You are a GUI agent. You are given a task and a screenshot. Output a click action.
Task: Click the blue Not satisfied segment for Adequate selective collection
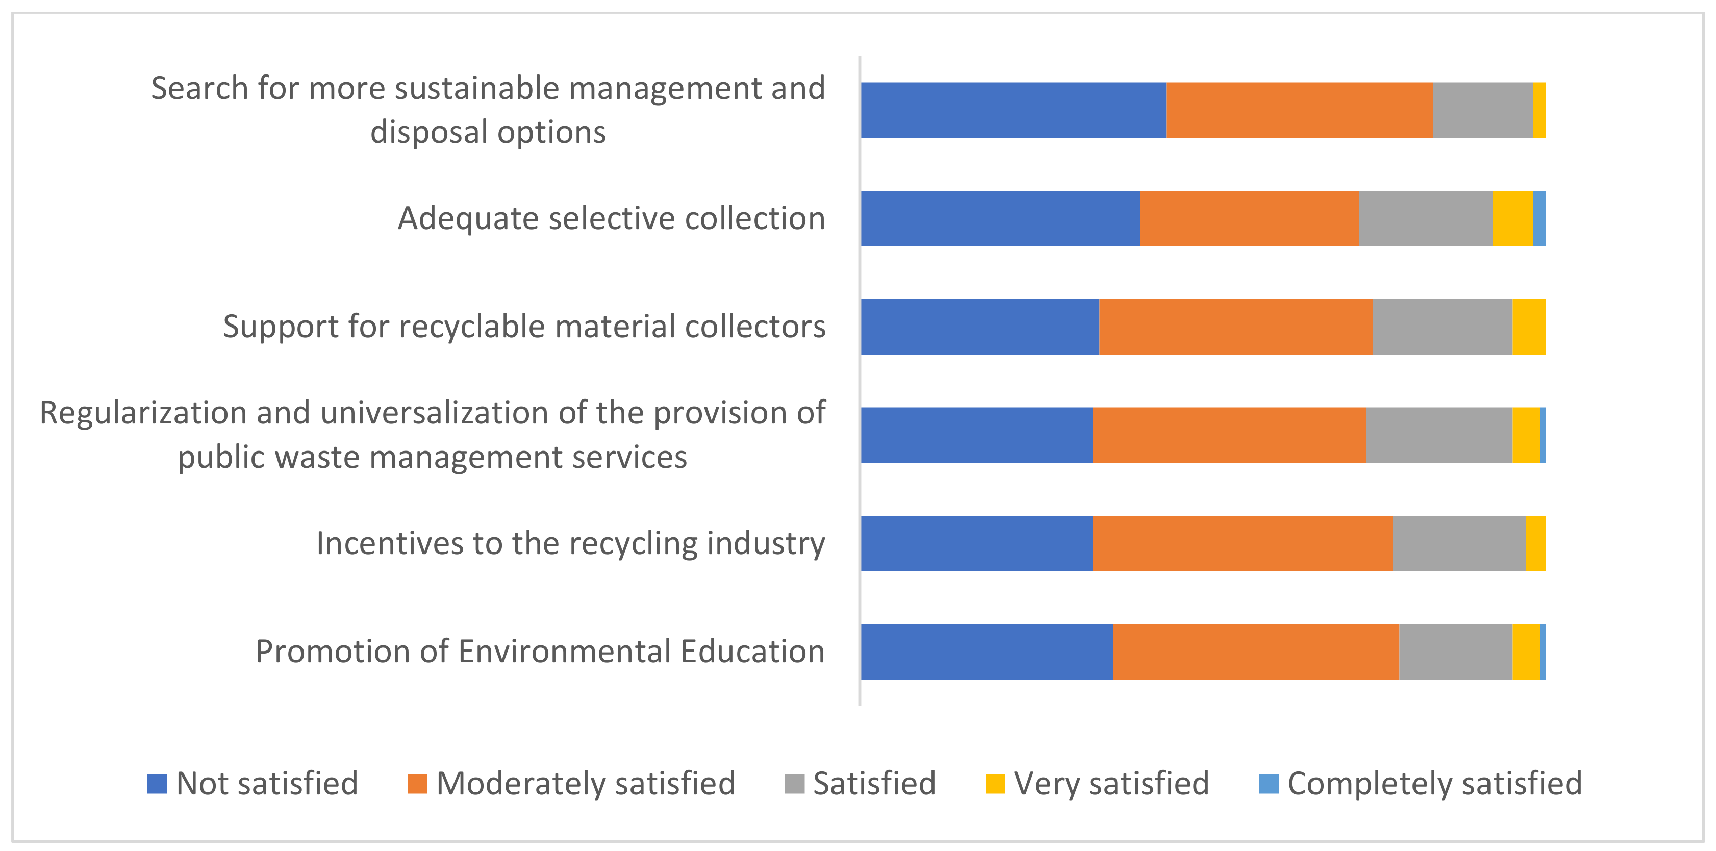(x=999, y=218)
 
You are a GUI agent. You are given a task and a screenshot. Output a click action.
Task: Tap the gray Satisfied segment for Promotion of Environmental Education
(x=1455, y=652)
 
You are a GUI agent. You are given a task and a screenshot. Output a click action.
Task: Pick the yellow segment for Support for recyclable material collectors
(x=1529, y=327)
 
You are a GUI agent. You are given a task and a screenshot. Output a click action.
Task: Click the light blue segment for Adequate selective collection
(x=1539, y=218)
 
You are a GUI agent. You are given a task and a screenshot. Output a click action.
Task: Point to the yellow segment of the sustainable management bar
(x=1539, y=110)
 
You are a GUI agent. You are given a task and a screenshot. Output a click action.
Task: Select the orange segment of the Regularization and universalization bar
(x=1229, y=435)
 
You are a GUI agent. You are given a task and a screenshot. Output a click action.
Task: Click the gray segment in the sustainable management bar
(x=1482, y=110)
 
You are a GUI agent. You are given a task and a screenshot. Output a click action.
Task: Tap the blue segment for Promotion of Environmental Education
(x=986, y=652)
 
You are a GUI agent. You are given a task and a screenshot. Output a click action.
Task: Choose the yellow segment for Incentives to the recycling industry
(x=1535, y=543)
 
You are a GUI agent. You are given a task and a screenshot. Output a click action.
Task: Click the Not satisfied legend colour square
(x=157, y=784)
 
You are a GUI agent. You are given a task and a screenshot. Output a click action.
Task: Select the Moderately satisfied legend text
(x=586, y=784)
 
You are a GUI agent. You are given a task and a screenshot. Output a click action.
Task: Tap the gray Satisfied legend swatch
(x=794, y=784)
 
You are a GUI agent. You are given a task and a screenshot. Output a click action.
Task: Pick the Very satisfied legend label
(x=1111, y=784)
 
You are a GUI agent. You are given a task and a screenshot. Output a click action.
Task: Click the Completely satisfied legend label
(x=1434, y=784)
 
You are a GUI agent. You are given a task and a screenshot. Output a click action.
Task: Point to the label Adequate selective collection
(x=611, y=218)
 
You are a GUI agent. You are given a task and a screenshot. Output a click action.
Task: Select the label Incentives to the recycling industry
(x=570, y=543)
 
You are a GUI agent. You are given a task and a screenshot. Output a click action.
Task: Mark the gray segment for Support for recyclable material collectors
(x=1442, y=327)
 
